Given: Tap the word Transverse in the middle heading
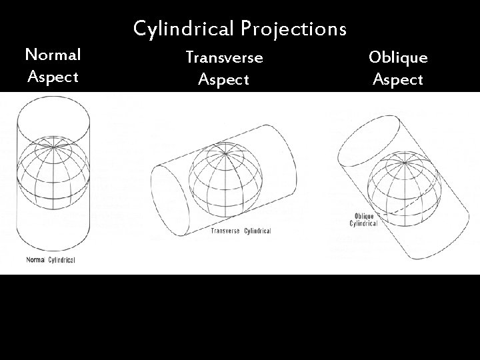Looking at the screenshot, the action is (224, 57).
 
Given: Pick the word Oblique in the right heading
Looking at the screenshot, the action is (398, 57).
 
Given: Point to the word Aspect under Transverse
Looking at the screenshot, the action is (224, 80).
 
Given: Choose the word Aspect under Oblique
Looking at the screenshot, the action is (398, 80).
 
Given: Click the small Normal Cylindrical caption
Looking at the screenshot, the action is (51, 259).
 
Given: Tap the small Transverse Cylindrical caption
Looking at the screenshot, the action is (241, 231).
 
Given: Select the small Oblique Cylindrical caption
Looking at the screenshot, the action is (363, 220).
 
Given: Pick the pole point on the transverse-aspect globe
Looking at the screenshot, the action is (225, 154).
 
